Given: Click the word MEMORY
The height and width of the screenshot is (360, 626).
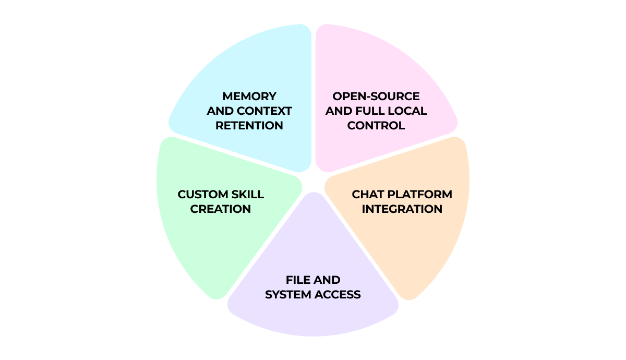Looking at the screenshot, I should click(x=249, y=97).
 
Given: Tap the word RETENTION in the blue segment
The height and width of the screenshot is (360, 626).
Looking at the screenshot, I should click(x=249, y=126).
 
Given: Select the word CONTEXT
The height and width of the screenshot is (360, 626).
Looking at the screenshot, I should click(x=264, y=111).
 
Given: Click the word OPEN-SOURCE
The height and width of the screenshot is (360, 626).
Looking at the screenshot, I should click(x=376, y=97).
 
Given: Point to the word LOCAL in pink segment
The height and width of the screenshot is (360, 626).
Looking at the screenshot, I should click(x=410, y=111).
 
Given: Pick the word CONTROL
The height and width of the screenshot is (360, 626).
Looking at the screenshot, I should click(x=376, y=126).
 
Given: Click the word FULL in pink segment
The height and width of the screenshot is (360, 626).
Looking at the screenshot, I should click(x=376, y=111).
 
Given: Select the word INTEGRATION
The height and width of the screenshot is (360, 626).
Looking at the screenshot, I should click(x=402, y=209).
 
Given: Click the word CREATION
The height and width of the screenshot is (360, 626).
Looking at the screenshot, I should click(x=221, y=209).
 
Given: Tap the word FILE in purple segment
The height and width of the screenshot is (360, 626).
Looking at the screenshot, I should click(x=298, y=280).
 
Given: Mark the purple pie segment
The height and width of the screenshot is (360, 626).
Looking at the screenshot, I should click(x=313, y=318).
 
